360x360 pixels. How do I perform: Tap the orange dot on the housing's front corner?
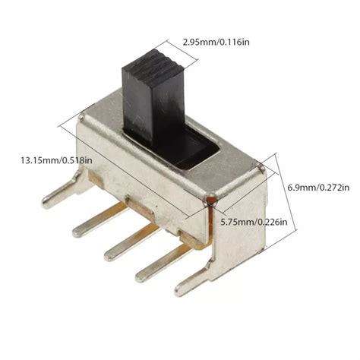point(210,200)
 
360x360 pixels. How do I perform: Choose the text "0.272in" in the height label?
point(333,186)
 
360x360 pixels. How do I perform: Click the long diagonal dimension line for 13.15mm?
point(144,156)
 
